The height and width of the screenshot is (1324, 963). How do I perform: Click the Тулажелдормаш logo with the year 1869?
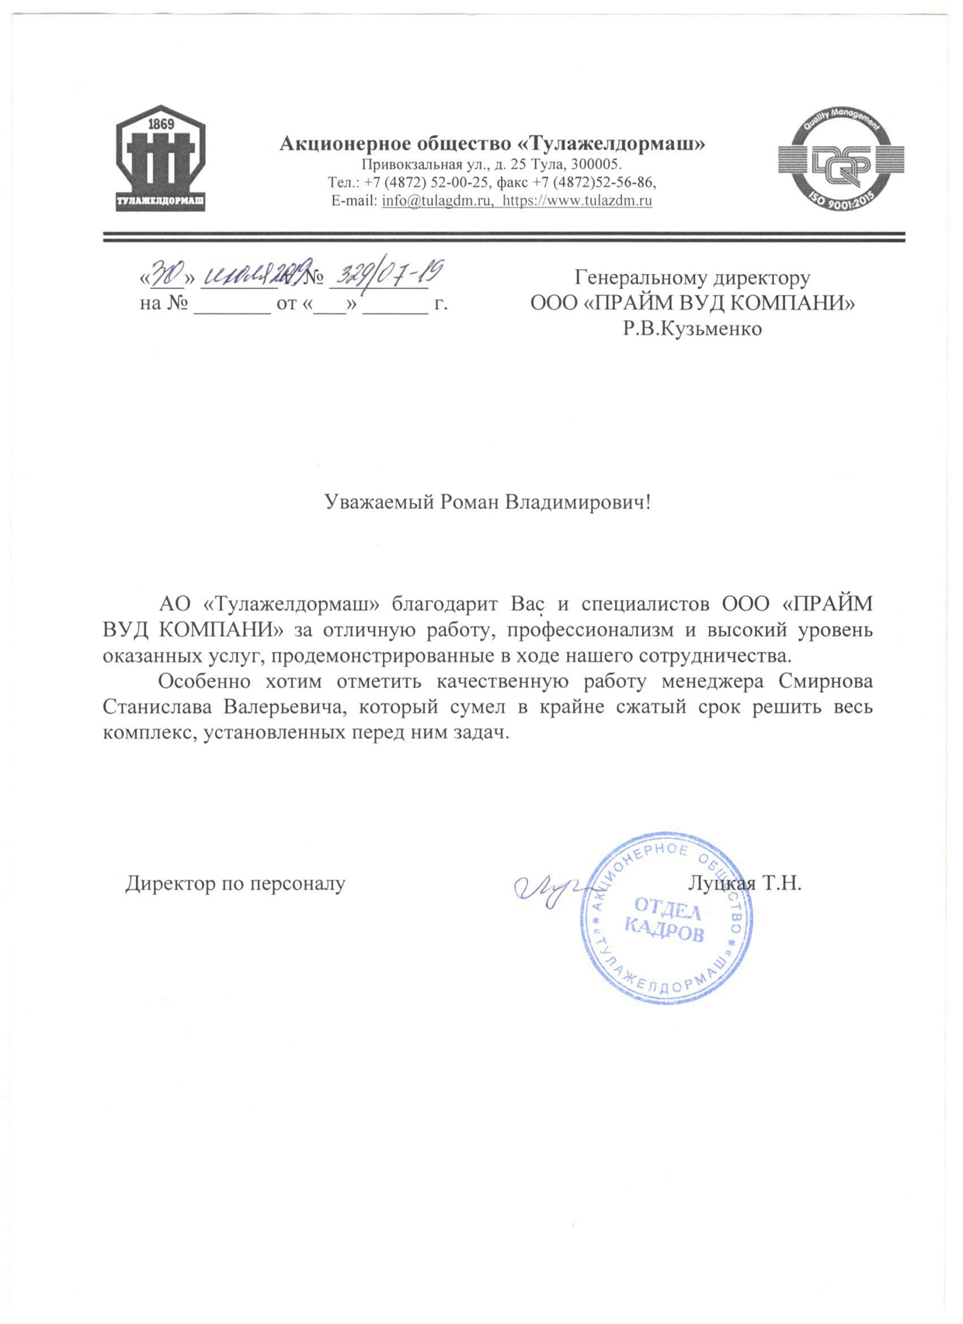[161, 158]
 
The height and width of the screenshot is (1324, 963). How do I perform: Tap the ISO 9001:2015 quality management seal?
[841, 161]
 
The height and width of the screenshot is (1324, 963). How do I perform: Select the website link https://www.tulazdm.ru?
[577, 201]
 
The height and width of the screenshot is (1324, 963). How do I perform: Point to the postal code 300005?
[596, 165]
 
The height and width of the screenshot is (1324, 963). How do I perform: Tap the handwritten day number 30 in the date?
[167, 274]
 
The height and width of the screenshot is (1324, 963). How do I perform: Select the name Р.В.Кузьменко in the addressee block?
[692, 328]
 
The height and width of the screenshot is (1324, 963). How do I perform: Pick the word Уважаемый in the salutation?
[378, 502]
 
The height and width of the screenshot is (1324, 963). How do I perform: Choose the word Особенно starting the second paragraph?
[204, 681]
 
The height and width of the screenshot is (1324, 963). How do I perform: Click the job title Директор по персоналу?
[235, 883]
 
